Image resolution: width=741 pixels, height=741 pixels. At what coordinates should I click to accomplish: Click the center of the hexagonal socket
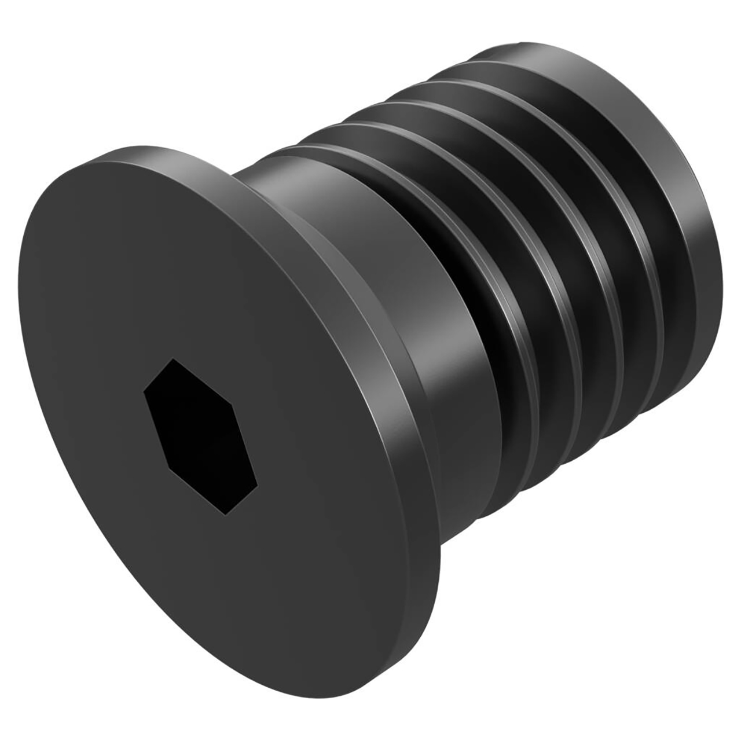[x=200, y=435]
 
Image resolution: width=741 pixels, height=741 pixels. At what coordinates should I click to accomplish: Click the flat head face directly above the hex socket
[x=174, y=261]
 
